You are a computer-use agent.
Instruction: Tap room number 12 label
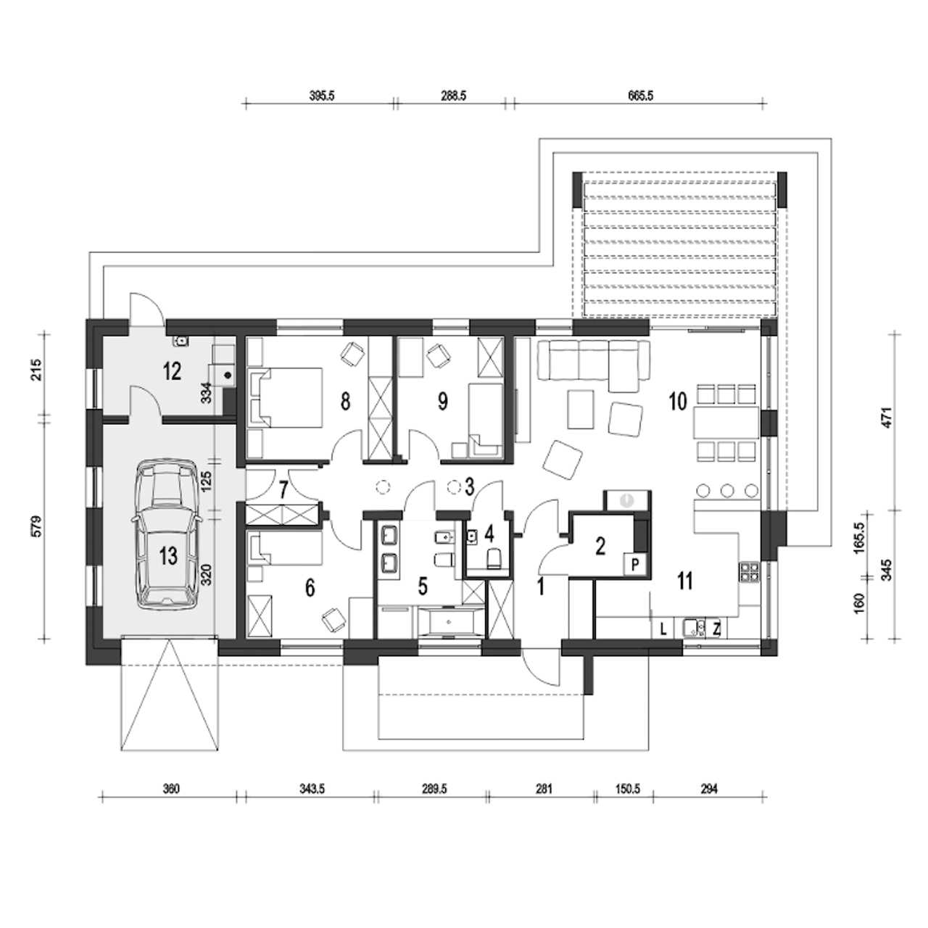(x=172, y=372)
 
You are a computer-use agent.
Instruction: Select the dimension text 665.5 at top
(x=640, y=96)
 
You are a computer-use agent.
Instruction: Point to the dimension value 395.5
(x=322, y=96)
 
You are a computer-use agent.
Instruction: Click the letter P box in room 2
(x=635, y=564)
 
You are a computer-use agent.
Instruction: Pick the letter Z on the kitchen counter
(x=716, y=629)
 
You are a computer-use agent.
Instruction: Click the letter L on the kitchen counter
(x=663, y=629)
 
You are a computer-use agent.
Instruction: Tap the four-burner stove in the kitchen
(x=749, y=573)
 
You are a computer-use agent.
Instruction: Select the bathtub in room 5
(x=449, y=623)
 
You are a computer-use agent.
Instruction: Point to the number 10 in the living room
(x=678, y=401)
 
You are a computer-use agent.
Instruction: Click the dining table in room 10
(x=726, y=423)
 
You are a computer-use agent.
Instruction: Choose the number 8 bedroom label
(x=345, y=402)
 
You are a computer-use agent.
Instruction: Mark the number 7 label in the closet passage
(x=283, y=491)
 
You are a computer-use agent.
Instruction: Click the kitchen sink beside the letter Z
(x=694, y=628)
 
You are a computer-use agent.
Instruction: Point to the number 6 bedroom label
(x=310, y=587)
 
